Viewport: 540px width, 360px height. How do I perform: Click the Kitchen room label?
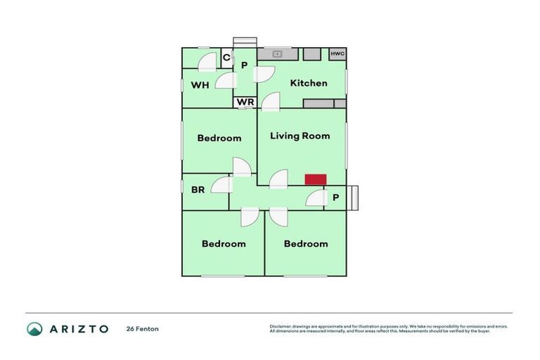coord(309,83)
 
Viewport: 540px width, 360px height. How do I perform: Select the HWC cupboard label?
coord(337,53)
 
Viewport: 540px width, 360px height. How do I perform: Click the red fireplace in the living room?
coord(315,180)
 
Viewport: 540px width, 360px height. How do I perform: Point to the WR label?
coord(245,102)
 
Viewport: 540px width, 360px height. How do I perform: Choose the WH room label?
coord(200,85)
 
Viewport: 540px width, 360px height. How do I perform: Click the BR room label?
coord(198,189)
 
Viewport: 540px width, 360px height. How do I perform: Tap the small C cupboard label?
coord(226,58)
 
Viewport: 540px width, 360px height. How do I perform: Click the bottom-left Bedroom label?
coord(224,244)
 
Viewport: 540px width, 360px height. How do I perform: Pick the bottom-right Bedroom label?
coord(306,244)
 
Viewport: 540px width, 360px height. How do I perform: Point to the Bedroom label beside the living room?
coord(219,138)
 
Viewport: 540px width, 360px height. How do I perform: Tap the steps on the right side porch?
coord(353,198)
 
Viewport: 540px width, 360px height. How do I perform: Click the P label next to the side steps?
coord(335,198)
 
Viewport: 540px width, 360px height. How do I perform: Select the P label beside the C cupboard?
coord(244,65)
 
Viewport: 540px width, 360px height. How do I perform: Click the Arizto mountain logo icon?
coord(34,328)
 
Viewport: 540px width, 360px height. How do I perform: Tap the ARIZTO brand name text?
coord(78,328)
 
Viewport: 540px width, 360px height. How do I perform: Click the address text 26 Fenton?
coord(143,328)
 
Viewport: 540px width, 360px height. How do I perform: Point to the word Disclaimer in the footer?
coord(281,326)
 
